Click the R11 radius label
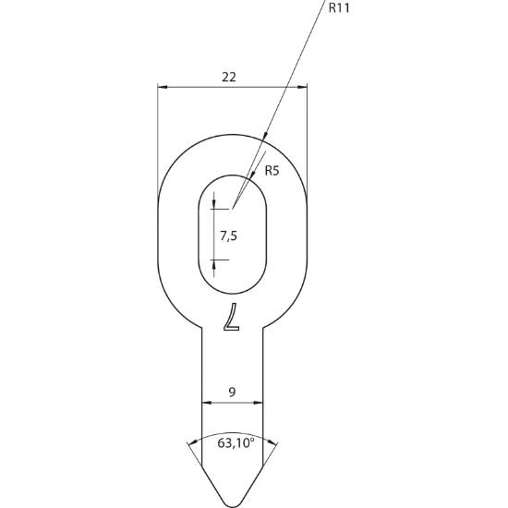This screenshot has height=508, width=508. coord(339,8)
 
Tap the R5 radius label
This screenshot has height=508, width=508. coord(272,171)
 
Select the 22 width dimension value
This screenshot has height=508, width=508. coord(229,77)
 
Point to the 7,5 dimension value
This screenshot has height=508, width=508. coord(229,236)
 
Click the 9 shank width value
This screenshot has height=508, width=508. coord(232,393)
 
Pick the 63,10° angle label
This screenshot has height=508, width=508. coord(236,442)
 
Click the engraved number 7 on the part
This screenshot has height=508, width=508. coord(232,317)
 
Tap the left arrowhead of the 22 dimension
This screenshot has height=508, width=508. coord(162,87)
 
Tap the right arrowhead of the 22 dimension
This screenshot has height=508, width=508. coord(302,87)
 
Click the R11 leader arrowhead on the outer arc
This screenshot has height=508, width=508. coord(265,135)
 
